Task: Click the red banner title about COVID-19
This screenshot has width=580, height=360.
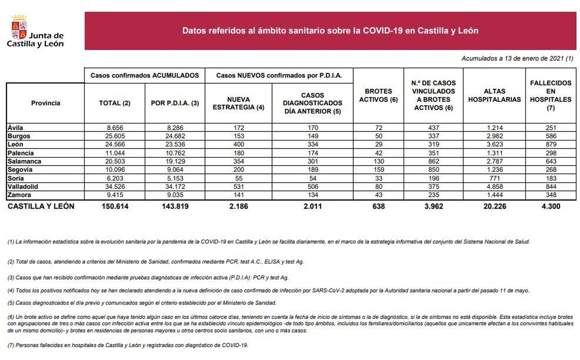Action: tap(330, 31)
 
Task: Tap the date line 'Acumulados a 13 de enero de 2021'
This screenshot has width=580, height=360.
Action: tap(517, 58)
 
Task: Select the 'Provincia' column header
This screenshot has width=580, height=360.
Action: tap(45, 103)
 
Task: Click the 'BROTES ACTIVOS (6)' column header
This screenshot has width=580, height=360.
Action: tap(378, 95)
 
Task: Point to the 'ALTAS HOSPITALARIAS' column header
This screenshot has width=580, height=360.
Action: tap(494, 95)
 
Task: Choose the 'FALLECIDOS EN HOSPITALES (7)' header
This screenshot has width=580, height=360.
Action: tap(550, 95)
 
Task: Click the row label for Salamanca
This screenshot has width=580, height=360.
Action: tap(24, 161)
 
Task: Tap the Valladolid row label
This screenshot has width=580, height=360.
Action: tap(22, 187)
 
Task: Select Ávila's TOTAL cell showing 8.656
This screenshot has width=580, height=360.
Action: tap(115, 128)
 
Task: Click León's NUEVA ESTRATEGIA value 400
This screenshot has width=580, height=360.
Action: tap(239, 145)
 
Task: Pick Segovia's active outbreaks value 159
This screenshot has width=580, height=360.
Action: tap(378, 170)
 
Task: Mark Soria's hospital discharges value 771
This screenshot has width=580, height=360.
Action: tap(494, 178)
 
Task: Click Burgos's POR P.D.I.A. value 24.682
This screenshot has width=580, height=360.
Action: tap(175, 136)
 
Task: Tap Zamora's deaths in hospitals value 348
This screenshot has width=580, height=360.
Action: tap(550, 195)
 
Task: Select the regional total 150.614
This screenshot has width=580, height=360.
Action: tap(115, 207)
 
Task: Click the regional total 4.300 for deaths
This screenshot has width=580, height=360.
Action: tap(550, 207)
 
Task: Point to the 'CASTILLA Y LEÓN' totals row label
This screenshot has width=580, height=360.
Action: tap(41, 207)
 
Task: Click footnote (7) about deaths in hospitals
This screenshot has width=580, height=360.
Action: tap(128, 345)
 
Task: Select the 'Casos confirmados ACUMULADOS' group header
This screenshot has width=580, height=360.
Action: tap(145, 76)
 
